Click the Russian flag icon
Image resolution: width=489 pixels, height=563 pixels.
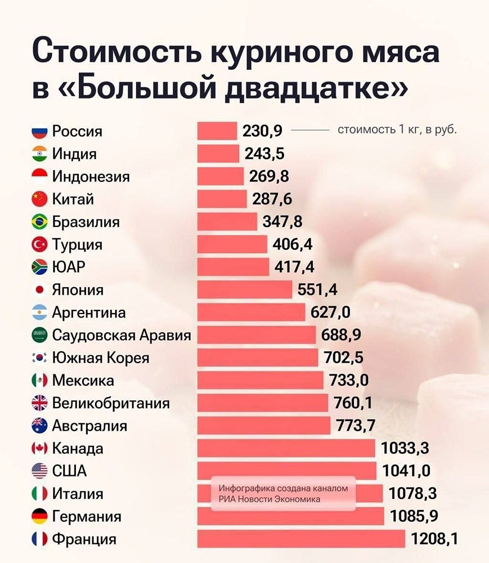click(39, 132)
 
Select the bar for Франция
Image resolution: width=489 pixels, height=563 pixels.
click(300, 539)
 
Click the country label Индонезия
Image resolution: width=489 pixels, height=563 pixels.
click(91, 177)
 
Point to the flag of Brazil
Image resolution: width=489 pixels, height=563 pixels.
click(39, 222)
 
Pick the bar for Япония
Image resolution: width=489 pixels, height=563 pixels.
click(244, 290)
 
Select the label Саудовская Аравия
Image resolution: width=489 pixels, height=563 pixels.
click(122, 336)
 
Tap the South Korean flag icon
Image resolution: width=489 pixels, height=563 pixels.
click(39, 358)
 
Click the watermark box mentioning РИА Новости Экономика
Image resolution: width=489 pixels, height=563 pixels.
click(283, 494)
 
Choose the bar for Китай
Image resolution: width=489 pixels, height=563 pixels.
click(222, 199)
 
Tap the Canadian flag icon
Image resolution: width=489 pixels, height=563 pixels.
click(39, 449)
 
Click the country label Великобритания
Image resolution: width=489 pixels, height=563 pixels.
click(111, 403)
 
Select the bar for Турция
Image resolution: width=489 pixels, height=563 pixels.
click(232, 245)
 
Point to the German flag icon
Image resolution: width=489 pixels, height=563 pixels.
click(39, 516)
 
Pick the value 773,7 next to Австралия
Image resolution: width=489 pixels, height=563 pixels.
click(356, 426)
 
